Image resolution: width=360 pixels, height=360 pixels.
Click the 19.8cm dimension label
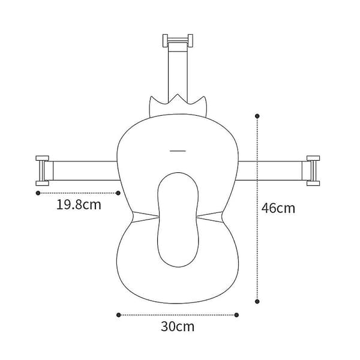(x=79, y=205)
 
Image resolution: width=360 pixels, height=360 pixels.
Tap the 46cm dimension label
(x=278, y=208)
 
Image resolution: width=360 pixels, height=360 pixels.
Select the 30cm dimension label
(x=178, y=326)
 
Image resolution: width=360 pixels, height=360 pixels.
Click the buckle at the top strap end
(x=178, y=41)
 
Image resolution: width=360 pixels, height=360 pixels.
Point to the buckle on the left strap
(x=43, y=170)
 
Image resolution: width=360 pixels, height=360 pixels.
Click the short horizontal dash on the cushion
(x=178, y=151)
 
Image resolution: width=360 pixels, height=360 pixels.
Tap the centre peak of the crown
(x=178, y=94)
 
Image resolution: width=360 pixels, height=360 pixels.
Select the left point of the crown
(x=151, y=97)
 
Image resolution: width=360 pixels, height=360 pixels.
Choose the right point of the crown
(x=204, y=97)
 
